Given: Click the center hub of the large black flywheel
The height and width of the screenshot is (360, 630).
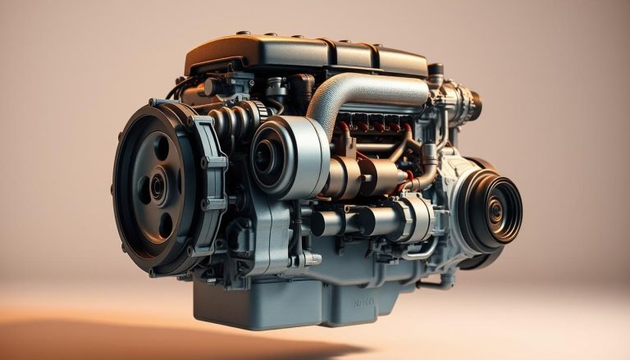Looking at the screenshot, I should point(157,186).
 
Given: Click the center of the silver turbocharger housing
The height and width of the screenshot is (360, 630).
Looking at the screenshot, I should point(270,156).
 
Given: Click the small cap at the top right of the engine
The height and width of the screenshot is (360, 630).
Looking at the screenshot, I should point(436,71).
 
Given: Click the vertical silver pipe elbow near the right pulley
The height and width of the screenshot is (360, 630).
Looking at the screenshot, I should point(429,164).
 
